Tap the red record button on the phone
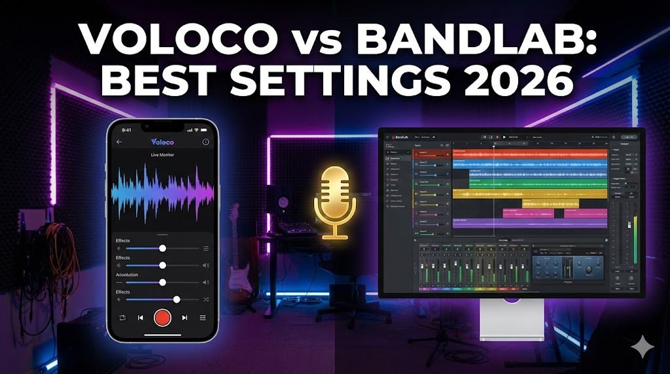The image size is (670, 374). [x=162, y=318]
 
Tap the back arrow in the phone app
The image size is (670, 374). [x=119, y=142]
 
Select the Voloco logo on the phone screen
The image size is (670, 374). [x=162, y=141]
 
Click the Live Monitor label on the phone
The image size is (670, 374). [x=162, y=155]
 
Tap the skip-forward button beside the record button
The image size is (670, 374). [x=185, y=318]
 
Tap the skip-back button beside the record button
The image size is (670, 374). [x=140, y=318]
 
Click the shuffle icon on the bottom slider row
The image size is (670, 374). [x=205, y=299]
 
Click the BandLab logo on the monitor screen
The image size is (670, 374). [x=400, y=136]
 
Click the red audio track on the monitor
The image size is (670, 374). [x=530, y=154]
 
